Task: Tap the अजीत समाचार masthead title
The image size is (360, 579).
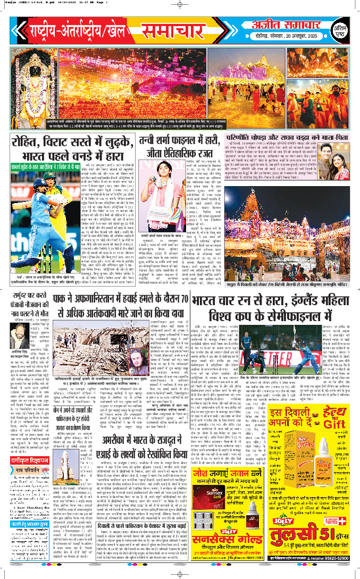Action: (276, 24)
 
